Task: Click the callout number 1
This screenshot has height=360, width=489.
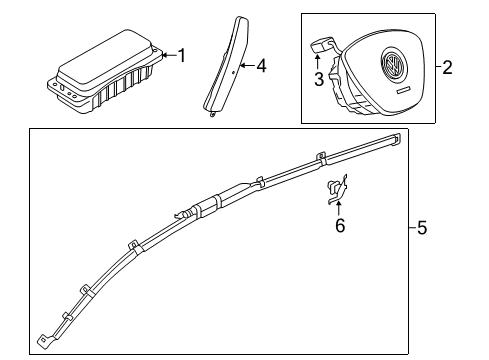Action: coord(182,55)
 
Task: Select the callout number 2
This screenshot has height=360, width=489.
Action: coord(447,67)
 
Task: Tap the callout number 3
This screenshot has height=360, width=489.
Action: coord(319,80)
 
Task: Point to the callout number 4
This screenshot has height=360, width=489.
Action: coord(262,66)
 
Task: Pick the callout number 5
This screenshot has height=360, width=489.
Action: coord(422,228)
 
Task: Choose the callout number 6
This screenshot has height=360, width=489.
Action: coord(340,226)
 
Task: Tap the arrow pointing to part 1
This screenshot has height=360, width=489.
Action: coord(170,55)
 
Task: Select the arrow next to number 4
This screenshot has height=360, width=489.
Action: coord(247,65)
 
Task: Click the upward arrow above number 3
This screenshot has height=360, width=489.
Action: coord(317,62)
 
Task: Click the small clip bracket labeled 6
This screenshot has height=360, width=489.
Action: coord(337,189)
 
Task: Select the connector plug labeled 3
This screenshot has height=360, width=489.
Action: coord(321,44)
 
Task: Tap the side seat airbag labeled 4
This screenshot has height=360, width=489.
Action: coord(228,65)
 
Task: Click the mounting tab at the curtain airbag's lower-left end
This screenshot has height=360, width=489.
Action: coord(44,340)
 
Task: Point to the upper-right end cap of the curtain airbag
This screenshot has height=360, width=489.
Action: coord(395,139)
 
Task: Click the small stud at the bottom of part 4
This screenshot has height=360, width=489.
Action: coord(212,115)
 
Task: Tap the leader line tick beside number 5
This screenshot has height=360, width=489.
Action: coord(413,228)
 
